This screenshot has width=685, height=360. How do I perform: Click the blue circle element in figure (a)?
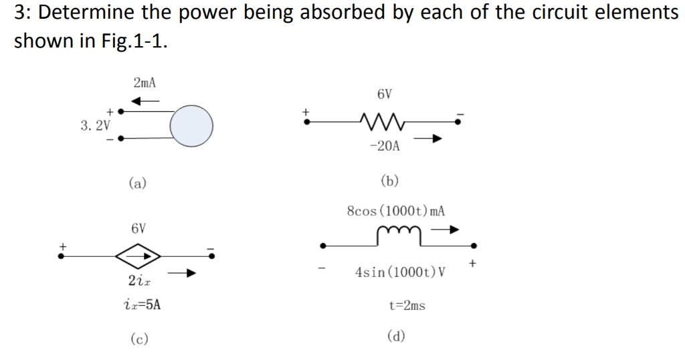tap(191, 125)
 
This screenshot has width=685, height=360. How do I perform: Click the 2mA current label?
tap(144, 83)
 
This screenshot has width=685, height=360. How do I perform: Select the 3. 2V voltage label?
tap(96, 125)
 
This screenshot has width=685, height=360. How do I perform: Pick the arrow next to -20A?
tap(427, 140)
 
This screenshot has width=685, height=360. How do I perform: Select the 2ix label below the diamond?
tap(138, 280)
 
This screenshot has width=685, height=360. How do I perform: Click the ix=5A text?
tap(138, 305)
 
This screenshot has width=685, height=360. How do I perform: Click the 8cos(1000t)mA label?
tap(396, 211)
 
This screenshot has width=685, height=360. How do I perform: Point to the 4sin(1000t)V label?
tap(400, 273)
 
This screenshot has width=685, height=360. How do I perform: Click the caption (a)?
tap(138, 182)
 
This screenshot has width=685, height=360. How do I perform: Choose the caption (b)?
tap(389, 179)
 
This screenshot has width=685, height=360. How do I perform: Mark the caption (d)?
tap(397, 336)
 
